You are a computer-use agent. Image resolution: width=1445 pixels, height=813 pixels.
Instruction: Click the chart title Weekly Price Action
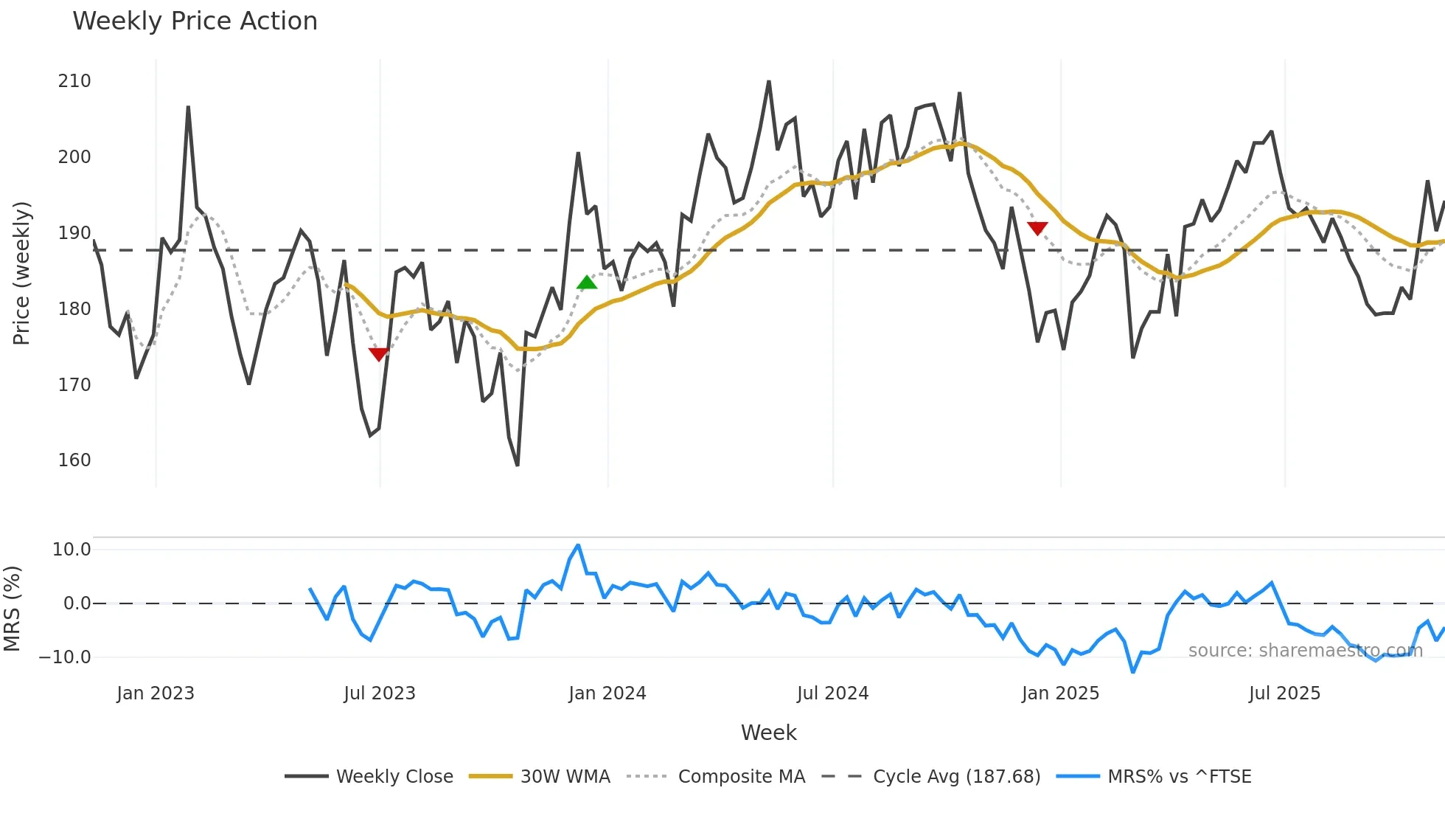[195, 21]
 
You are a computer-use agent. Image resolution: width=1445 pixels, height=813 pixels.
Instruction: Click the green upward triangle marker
[587, 283]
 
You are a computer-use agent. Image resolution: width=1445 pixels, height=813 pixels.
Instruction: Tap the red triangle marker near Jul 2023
[378, 354]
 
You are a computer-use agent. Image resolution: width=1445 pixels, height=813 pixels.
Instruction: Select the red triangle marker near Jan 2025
[1037, 229]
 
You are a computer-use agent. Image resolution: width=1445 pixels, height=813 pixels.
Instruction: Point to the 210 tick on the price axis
[74, 81]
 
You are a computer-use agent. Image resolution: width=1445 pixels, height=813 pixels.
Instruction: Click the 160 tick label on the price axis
[74, 460]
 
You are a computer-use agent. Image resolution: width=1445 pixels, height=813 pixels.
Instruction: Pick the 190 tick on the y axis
[74, 233]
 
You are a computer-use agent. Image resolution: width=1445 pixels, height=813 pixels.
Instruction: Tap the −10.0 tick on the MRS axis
[66, 657]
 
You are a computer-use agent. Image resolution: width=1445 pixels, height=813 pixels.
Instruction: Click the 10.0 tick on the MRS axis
[72, 550]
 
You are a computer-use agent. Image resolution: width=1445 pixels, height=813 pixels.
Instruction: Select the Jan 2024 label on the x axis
[607, 693]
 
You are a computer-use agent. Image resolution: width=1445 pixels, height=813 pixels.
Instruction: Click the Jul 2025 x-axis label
[1284, 693]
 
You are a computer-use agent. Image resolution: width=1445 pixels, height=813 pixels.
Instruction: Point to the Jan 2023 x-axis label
[156, 693]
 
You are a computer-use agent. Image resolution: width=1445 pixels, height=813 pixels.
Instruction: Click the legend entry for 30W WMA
[565, 777]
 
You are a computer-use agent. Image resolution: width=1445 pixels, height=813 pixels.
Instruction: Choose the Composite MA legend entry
[741, 777]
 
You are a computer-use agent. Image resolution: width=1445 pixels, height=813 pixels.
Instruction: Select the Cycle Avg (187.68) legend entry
[956, 777]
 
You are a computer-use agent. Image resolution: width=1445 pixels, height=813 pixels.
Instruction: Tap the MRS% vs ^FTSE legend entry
[1179, 777]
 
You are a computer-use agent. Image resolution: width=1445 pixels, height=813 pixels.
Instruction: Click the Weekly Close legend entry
[394, 777]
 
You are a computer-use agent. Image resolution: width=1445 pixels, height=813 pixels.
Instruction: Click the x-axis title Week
[768, 733]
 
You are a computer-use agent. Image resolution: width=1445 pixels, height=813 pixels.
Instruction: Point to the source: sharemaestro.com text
[1305, 651]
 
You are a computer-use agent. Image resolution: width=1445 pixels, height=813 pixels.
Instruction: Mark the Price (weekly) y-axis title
[21, 273]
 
